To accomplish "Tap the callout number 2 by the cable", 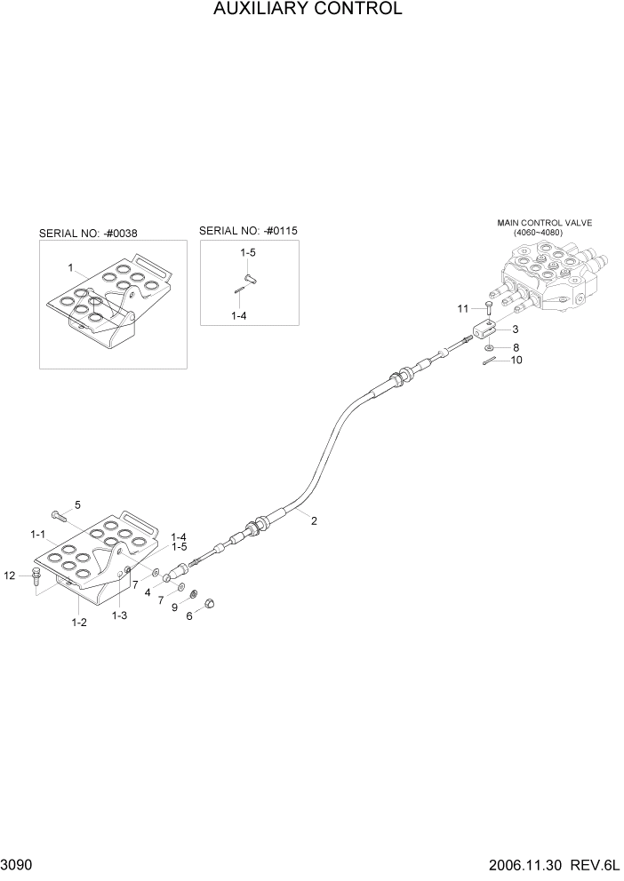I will [314, 521].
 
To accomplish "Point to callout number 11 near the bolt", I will [462, 308].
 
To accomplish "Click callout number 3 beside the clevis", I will [516, 329].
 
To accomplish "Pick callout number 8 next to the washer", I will [516, 347].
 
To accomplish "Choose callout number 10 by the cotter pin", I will [516, 361].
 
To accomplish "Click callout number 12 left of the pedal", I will [10, 575].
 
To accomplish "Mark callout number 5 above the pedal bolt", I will [77, 504].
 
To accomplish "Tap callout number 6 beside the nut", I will [188, 616].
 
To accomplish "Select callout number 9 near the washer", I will [175, 608].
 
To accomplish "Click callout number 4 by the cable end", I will [148, 591].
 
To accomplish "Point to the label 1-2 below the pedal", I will [79, 623].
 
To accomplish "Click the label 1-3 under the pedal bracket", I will [119, 615].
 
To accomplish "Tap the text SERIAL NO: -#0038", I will [87, 234].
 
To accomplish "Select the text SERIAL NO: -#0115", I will [248, 230].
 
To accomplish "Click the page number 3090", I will [16, 865].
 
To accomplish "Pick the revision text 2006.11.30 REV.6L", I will [556, 865].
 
